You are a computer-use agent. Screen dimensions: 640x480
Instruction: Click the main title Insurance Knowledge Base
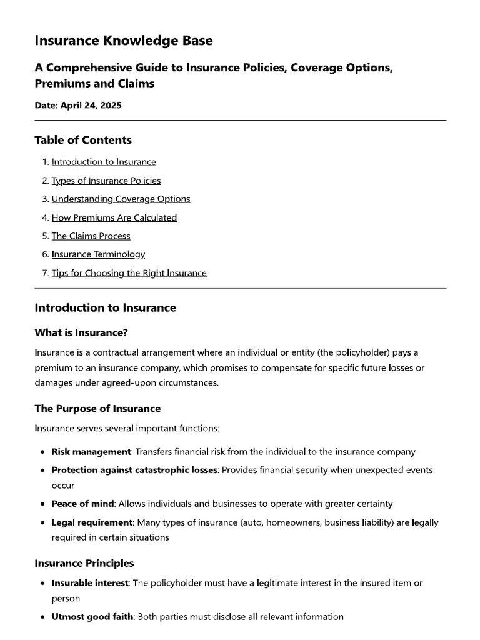[x=124, y=41]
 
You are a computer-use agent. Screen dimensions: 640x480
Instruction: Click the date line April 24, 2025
[x=78, y=105]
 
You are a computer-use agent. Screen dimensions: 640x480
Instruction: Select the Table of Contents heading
[x=83, y=140]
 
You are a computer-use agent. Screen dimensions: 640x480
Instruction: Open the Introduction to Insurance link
[x=104, y=162]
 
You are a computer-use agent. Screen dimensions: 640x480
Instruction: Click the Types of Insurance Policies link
[x=106, y=181]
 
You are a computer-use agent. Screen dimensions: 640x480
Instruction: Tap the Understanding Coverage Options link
[x=121, y=199]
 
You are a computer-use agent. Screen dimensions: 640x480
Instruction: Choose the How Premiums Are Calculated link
[x=114, y=217]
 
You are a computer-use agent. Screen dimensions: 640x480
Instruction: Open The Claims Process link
[x=91, y=236]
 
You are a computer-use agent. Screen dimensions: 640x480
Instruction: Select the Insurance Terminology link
[x=98, y=254]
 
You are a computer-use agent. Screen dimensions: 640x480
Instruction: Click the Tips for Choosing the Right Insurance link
[x=129, y=273]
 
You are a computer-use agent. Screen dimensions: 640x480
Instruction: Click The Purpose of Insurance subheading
[x=97, y=409]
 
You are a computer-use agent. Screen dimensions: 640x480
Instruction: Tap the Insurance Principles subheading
[x=84, y=563]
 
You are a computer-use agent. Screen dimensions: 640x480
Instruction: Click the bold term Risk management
[x=91, y=451]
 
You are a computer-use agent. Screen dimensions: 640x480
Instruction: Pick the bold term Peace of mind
[x=82, y=504]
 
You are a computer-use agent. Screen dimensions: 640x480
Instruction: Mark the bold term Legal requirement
[x=91, y=522]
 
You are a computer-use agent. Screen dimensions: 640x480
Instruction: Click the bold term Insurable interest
[x=91, y=583]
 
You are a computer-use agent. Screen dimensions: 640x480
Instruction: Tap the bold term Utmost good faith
[x=92, y=617]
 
